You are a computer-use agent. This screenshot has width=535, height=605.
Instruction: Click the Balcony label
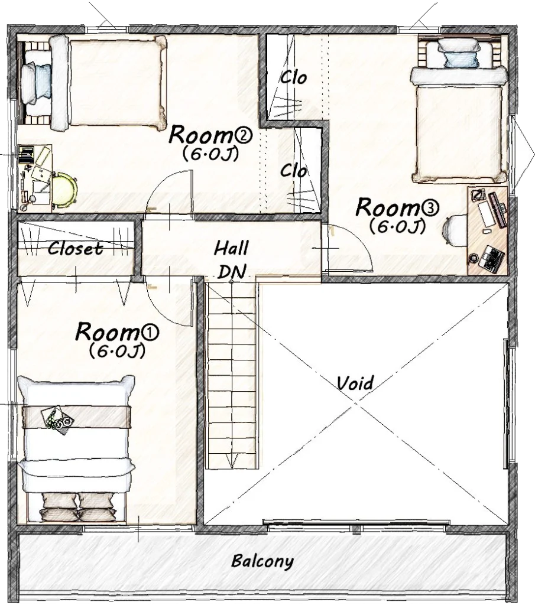click(x=262, y=561)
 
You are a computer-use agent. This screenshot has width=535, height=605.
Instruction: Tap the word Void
click(x=355, y=383)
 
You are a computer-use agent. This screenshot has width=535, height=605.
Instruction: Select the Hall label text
click(x=231, y=248)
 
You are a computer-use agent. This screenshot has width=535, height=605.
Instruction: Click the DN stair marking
click(x=232, y=271)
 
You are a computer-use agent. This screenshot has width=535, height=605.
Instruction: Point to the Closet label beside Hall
click(x=75, y=249)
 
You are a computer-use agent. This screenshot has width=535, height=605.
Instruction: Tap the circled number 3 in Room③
click(x=430, y=208)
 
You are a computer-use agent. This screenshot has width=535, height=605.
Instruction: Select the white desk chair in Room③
click(x=455, y=230)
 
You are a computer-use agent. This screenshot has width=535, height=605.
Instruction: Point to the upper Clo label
click(x=293, y=78)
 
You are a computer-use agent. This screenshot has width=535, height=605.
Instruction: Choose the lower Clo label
click(x=293, y=170)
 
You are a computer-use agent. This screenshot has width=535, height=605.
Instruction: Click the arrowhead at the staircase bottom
click(x=232, y=462)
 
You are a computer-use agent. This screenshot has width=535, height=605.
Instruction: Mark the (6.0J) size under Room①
click(x=117, y=350)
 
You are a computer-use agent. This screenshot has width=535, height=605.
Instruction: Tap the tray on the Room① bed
click(x=59, y=420)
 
